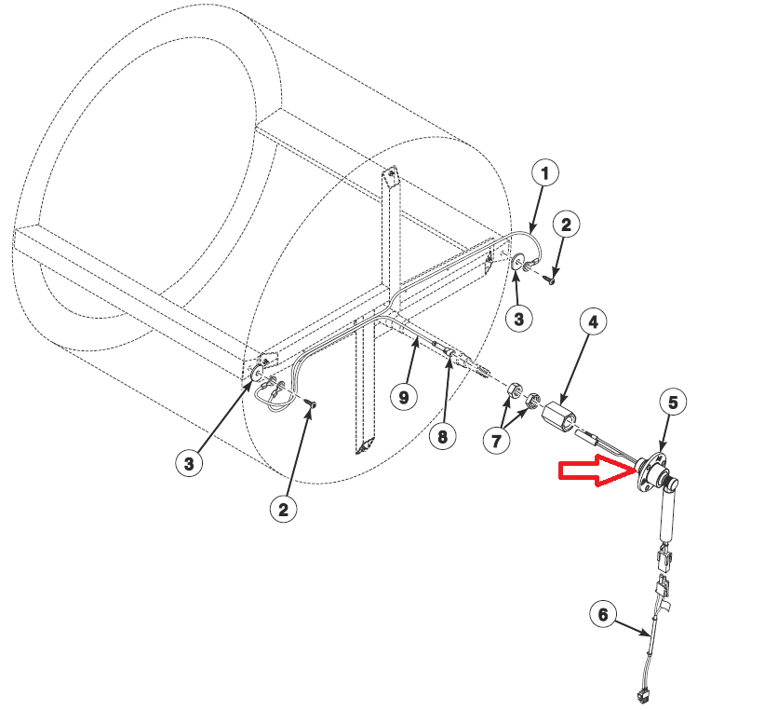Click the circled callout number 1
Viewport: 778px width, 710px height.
point(545,172)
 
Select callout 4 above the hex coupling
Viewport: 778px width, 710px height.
point(592,323)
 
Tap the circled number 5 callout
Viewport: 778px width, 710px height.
point(675,402)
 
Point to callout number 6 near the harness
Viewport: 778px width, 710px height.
point(603,614)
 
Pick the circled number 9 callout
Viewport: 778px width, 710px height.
point(403,397)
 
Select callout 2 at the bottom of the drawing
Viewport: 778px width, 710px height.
point(284,509)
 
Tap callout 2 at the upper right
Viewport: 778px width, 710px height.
point(567,225)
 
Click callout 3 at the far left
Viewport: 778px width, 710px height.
point(189,463)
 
